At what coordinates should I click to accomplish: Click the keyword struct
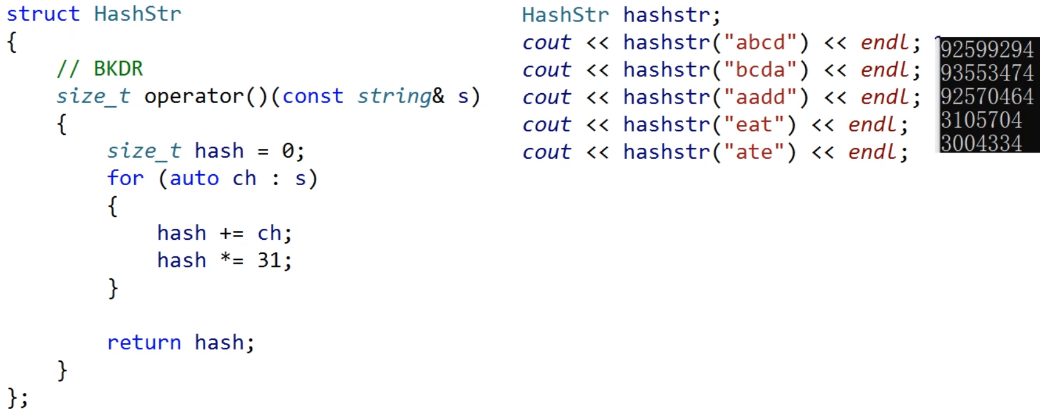pos(43,14)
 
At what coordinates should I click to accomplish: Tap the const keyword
pos(313,96)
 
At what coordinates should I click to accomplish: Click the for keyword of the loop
pos(125,178)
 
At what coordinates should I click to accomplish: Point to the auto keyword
pos(194,178)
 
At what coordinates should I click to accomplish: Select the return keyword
pos(144,342)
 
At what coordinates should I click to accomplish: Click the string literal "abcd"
pos(760,42)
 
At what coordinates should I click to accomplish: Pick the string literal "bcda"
pos(760,70)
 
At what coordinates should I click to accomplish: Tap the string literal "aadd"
pos(760,97)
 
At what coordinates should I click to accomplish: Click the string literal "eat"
pos(754,124)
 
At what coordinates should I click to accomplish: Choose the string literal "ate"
pos(754,152)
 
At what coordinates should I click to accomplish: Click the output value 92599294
pos(987,50)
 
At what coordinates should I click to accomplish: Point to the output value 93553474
pos(987,73)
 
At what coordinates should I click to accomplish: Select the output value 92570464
pos(987,96)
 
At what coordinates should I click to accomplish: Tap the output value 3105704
pos(981,120)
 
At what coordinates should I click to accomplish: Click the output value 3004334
pos(981,143)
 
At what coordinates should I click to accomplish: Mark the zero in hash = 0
pos(287,151)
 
